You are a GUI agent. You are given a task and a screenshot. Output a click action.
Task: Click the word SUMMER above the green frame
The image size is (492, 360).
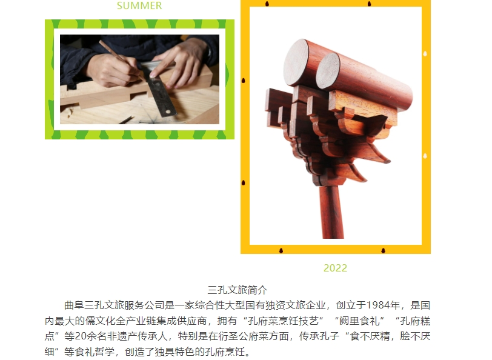coord(139,6)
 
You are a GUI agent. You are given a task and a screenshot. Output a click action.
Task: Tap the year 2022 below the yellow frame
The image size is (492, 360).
coord(335,268)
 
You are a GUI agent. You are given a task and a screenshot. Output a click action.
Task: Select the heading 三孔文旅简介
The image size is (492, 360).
coord(238,290)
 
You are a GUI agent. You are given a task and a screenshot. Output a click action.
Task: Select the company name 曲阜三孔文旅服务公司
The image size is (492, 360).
coord(114,305)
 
